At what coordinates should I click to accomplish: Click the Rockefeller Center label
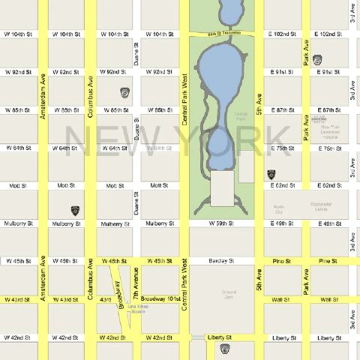click(324, 206)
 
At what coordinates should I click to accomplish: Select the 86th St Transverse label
click(225, 34)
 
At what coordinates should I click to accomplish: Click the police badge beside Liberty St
click(223, 349)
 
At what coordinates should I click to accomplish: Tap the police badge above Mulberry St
click(75, 211)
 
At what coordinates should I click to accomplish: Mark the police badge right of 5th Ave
click(271, 174)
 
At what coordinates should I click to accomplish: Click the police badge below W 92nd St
click(124, 92)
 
